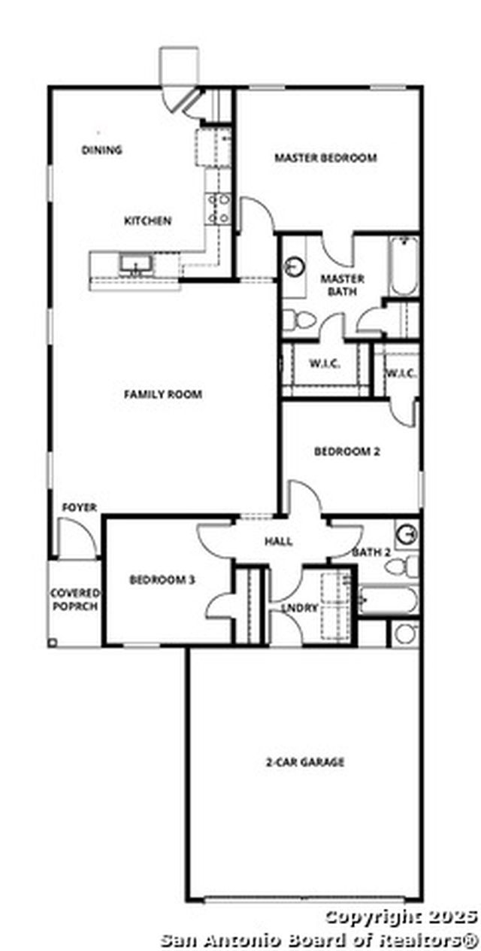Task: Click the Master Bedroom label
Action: pyautogui.click(x=325, y=157)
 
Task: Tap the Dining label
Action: pyautogui.click(x=101, y=150)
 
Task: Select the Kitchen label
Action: pyautogui.click(x=147, y=220)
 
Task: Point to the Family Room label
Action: pyautogui.click(x=163, y=394)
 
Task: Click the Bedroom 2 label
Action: pyautogui.click(x=346, y=451)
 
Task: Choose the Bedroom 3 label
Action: pyautogui.click(x=162, y=579)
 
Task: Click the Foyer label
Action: pyautogui.click(x=80, y=507)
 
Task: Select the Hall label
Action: pyautogui.click(x=278, y=541)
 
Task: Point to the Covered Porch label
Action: pyautogui.click(x=75, y=600)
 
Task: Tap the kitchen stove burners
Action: pyautogui.click(x=219, y=209)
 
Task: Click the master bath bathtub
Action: pyautogui.click(x=404, y=266)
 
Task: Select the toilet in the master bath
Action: pyautogui.click(x=299, y=320)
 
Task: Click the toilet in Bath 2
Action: pyautogui.click(x=401, y=566)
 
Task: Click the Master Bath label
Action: pyautogui.click(x=342, y=285)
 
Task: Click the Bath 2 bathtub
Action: pyautogui.click(x=388, y=600)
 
